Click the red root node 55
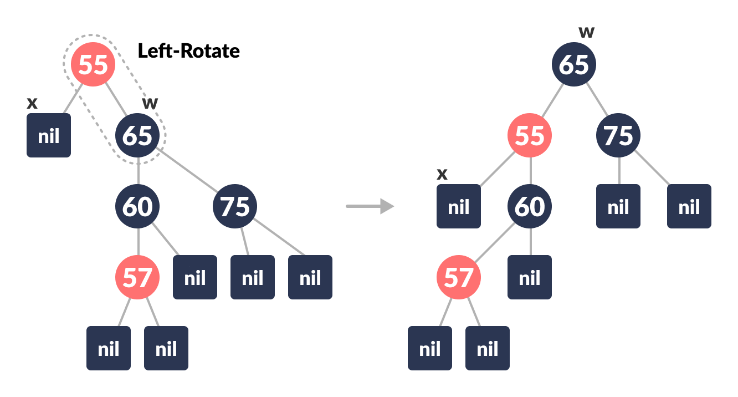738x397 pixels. coord(93,65)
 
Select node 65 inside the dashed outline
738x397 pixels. coord(137,135)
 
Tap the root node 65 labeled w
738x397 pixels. coord(573,65)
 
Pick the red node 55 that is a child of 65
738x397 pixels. coord(530,135)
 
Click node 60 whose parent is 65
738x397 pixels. coord(137,206)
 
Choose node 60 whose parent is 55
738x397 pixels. coord(530,206)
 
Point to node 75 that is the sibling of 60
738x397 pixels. coord(235,206)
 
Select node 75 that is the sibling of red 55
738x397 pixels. coord(618,135)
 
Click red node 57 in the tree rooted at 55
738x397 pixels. coord(137,277)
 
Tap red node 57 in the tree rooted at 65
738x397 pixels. coord(459,277)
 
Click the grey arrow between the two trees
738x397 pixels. coord(370,206)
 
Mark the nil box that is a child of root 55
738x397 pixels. coord(49,135)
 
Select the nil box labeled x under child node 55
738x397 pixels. coord(459,206)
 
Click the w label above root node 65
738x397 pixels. coord(586,32)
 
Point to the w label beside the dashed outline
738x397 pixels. coord(150,103)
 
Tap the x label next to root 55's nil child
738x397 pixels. coord(32,103)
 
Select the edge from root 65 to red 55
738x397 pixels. coord(552,100)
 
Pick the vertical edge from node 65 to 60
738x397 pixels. coord(138,171)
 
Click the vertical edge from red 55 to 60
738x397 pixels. coord(530,171)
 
